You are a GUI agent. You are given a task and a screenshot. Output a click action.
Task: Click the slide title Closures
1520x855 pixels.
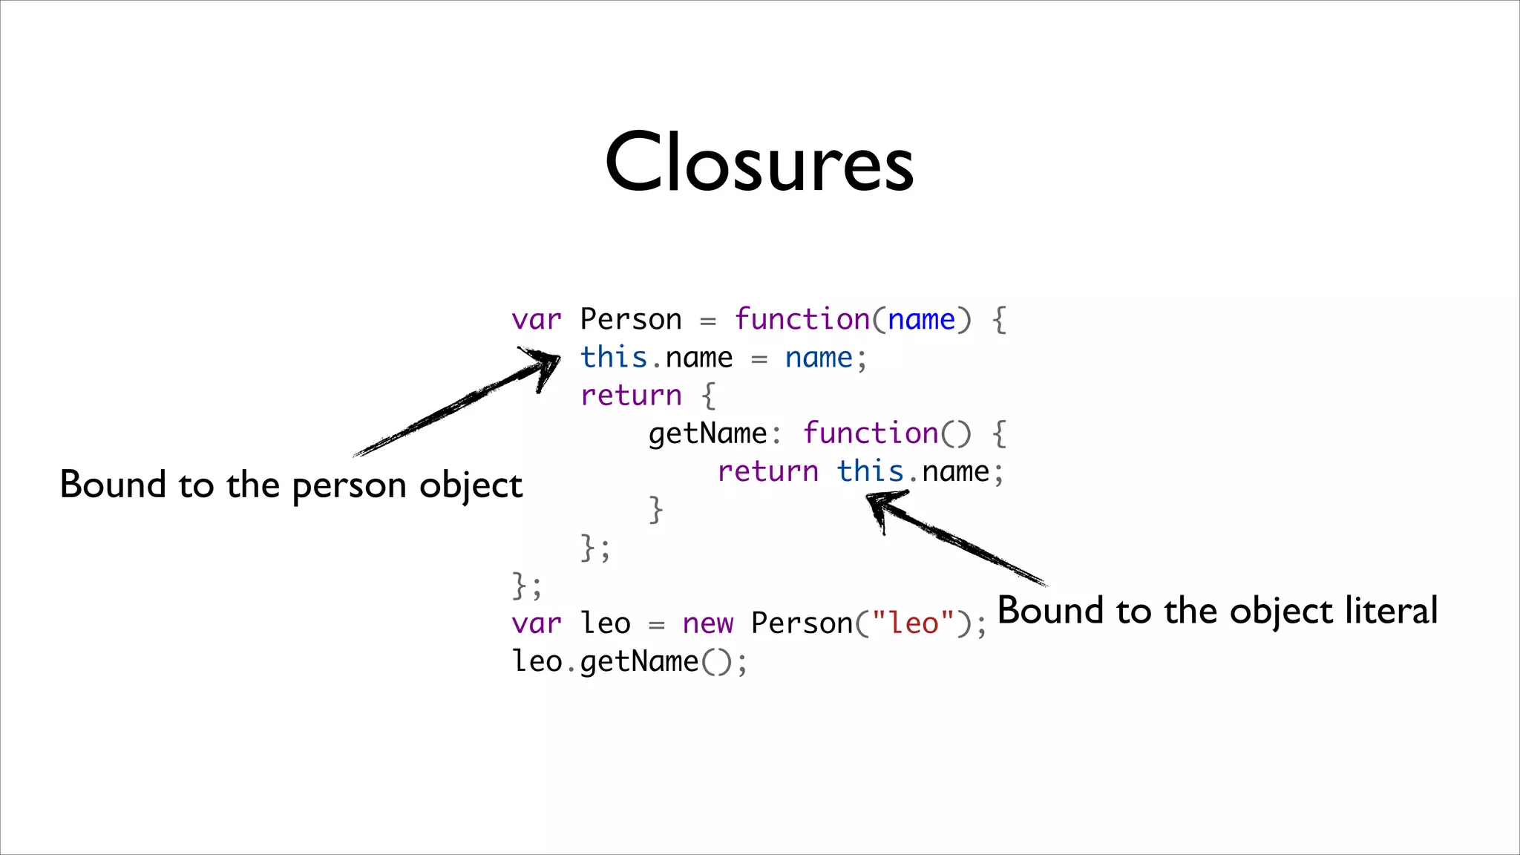tap(759, 161)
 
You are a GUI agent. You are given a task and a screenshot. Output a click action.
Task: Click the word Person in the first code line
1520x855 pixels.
tap(630, 319)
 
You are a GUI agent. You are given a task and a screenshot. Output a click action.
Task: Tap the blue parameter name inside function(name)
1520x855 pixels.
tap(921, 319)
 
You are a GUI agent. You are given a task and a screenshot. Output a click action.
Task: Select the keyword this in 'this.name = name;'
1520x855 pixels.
tap(613, 357)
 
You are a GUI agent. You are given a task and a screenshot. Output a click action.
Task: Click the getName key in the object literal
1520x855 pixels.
tap(707, 433)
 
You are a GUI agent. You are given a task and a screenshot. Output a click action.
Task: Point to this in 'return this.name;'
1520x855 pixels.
tap(870, 471)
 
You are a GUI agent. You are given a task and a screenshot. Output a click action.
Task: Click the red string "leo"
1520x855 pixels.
tap(913, 623)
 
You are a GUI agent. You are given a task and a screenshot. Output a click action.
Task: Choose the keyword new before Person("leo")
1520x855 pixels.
tap(707, 623)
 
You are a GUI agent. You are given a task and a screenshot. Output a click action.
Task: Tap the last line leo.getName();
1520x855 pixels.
tap(629, 661)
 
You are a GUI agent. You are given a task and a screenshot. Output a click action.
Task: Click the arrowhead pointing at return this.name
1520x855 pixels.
tap(879, 504)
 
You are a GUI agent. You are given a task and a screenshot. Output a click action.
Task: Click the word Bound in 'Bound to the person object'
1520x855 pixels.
tap(113, 485)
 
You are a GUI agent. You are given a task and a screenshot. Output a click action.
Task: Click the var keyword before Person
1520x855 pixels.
tap(536, 319)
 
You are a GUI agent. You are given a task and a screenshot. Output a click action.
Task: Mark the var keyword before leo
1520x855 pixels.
tap(536, 623)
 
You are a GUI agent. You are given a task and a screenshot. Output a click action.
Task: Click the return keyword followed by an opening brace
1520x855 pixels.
tap(631, 396)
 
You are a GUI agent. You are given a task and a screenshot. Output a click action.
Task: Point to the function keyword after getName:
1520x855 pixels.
tap(870, 433)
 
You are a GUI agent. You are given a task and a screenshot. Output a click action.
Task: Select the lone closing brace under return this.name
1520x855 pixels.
tap(655, 510)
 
